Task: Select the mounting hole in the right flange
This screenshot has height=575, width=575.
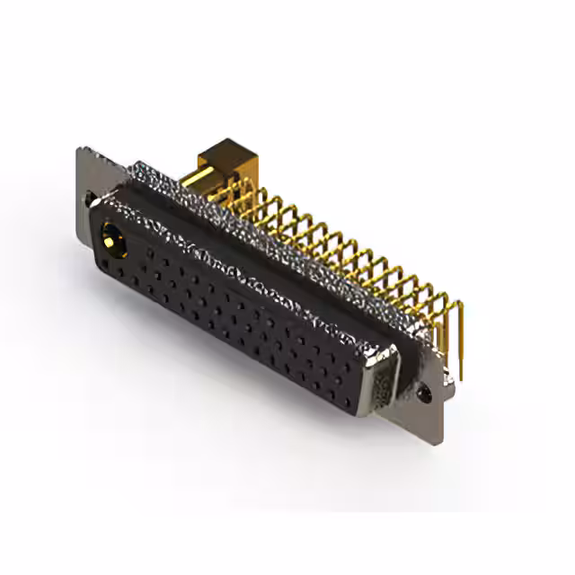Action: [x=427, y=393]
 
